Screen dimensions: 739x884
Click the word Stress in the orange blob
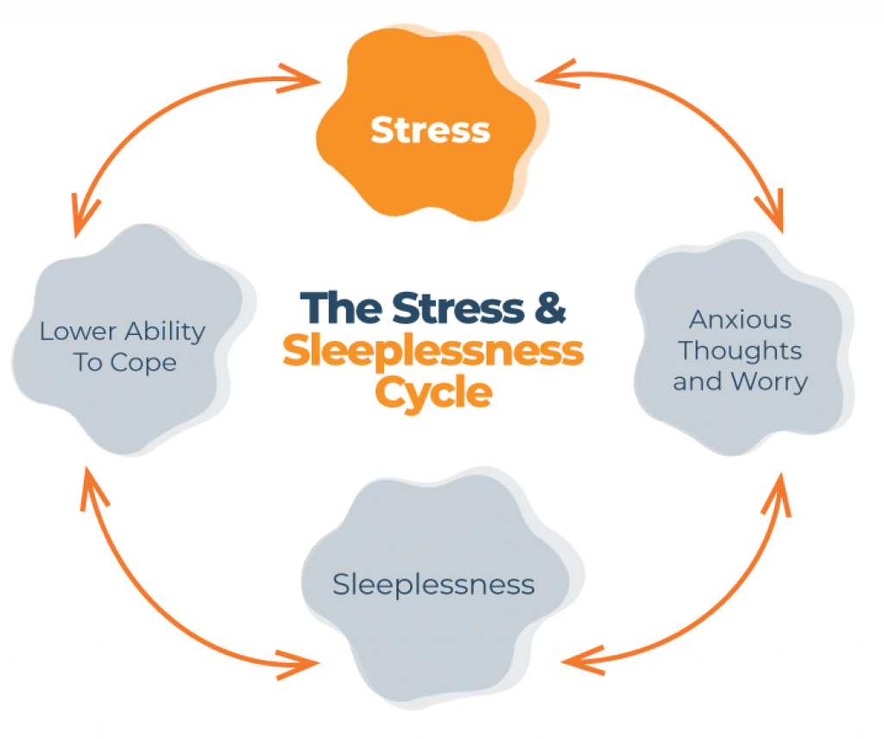(x=430, y=130)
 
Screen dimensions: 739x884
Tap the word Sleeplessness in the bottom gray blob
(x=433, y=584)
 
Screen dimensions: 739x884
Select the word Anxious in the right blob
(x=740, y=320)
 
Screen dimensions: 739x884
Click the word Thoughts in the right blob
(x=740, y=351)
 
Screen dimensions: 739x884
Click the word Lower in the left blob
(x=79, y=331)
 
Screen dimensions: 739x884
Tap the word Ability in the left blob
(x=165, y=331)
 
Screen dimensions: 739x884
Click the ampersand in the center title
(x=549, y=308)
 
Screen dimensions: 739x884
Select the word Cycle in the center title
(x=433, y=393)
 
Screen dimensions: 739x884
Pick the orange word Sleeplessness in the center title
(x=433, y=351)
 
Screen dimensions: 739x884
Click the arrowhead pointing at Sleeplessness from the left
(x=307, y=663)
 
